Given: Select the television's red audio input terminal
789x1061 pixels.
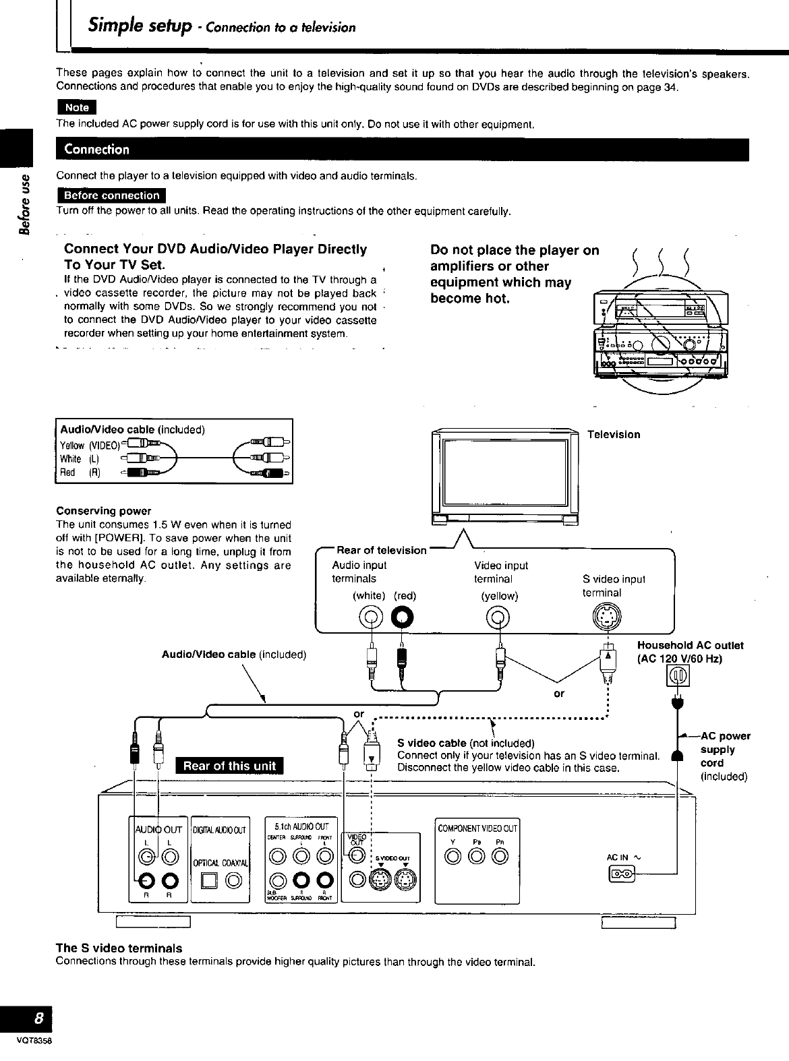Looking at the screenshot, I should pos(403,616).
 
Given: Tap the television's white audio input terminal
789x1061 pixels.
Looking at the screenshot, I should pos(371,616).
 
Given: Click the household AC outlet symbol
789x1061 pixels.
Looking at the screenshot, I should pos(677,676).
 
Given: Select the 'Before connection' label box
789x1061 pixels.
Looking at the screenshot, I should pos(111,195).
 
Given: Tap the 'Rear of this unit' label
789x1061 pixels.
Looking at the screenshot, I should pos(230,766).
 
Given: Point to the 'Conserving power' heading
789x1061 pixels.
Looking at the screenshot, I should pos(104,510).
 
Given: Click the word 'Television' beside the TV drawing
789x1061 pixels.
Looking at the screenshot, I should pos(613,434).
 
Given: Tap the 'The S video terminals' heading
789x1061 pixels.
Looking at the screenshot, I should pos(119,948).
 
